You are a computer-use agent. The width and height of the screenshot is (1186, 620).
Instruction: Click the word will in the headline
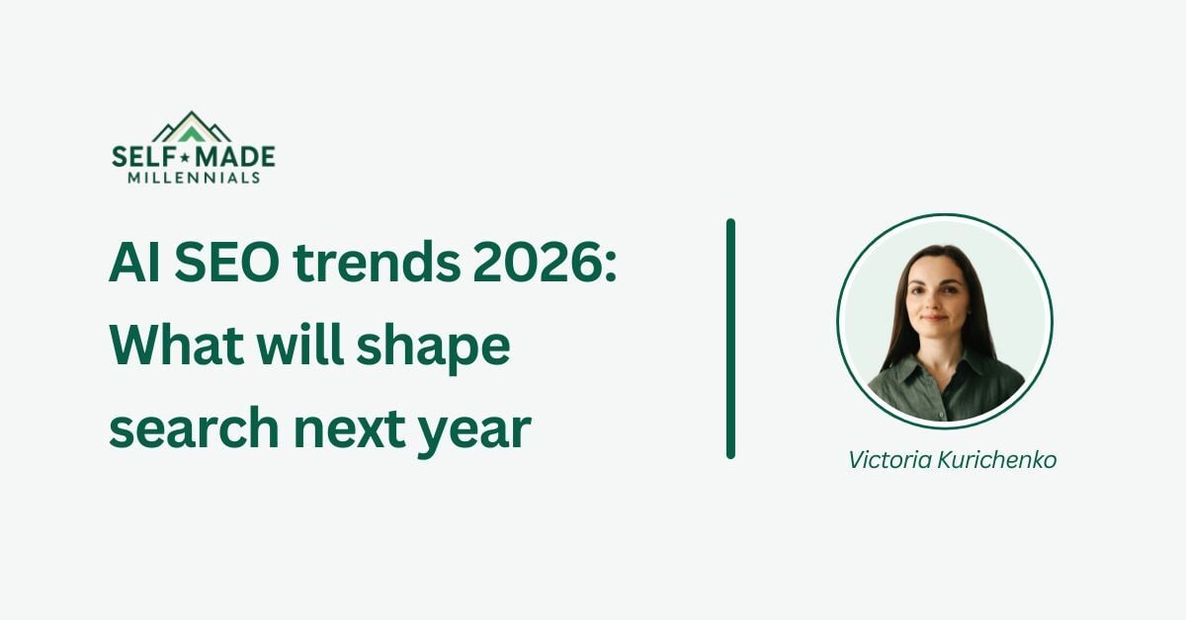click(x=294, y=348)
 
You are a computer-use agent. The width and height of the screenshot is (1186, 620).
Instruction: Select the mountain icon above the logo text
click(x=192, y=126)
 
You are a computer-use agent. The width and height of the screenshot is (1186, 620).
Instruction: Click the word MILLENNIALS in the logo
click(x=194, y=178)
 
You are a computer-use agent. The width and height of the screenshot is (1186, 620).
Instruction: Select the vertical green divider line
click(x=730, y=339)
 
